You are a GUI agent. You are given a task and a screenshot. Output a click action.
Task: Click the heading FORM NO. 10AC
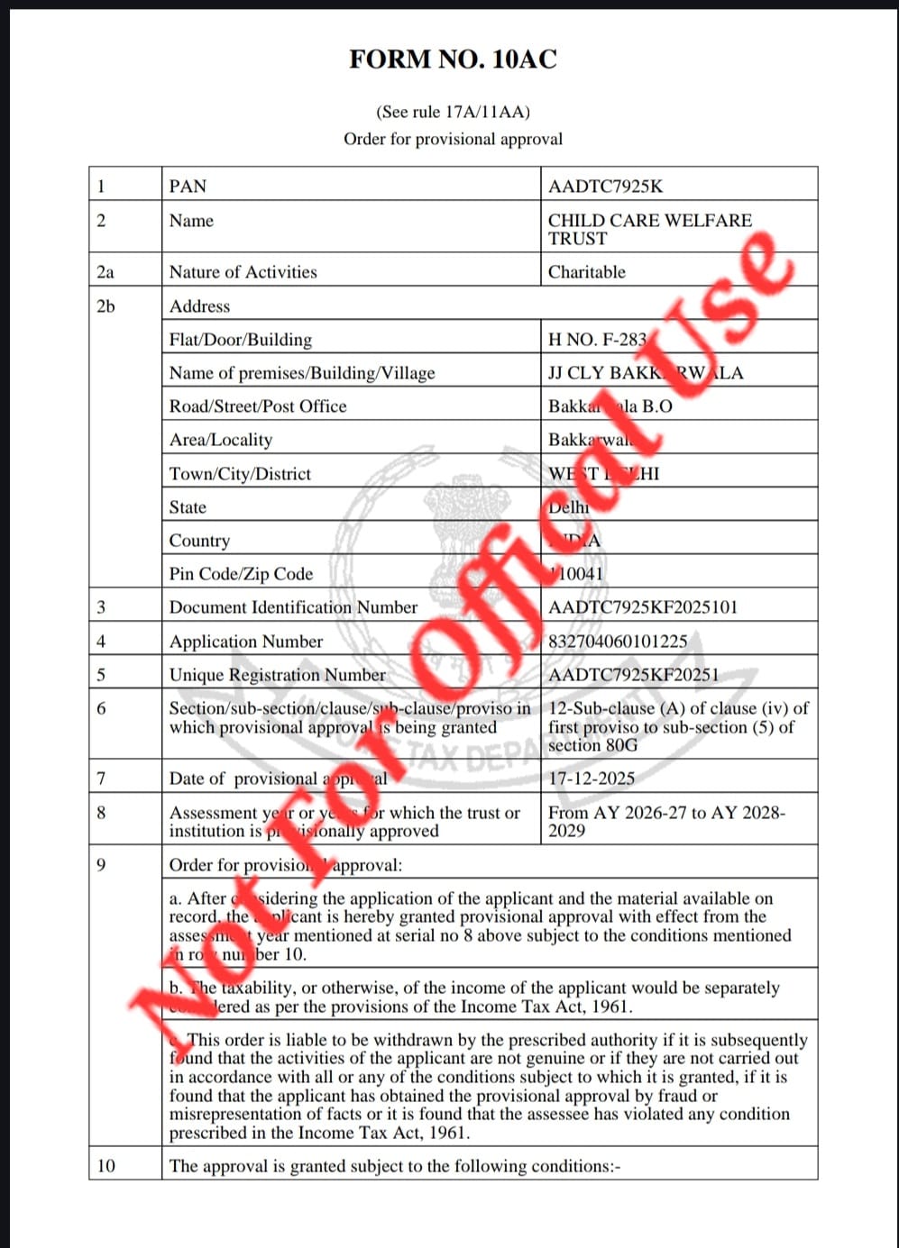(453, 59)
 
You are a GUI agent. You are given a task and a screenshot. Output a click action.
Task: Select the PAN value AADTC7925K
(605, 187)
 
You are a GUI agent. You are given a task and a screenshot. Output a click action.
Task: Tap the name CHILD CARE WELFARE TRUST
(649, 229)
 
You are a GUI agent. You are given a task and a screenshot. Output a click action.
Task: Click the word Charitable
(586, 272)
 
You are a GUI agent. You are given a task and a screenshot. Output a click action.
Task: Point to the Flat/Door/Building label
(240, 340)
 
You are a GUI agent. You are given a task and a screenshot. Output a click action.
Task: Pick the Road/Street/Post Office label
(258, 406)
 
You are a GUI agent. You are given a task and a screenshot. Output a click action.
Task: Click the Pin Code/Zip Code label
(241, 574)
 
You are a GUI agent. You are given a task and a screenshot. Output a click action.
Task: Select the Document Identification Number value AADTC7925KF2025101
(642, 607)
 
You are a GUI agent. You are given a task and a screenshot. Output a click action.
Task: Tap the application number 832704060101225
(618, 642)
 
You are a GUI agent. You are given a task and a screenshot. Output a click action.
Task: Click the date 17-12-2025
(592, 779)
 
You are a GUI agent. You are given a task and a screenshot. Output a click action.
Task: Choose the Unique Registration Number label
(277, 675)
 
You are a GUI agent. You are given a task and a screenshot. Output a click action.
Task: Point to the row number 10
(106, 1166)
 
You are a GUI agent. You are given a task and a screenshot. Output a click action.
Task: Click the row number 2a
(105, 272)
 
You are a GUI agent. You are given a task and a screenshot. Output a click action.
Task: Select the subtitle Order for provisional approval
(453, 139)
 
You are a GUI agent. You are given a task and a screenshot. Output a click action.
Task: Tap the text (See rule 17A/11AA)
(453, 112)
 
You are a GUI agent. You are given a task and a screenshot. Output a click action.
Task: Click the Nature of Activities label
(243, 272)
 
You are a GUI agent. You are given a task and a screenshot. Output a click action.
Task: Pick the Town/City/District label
(240, 474)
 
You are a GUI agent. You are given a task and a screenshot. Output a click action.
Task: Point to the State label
(188, 507)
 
